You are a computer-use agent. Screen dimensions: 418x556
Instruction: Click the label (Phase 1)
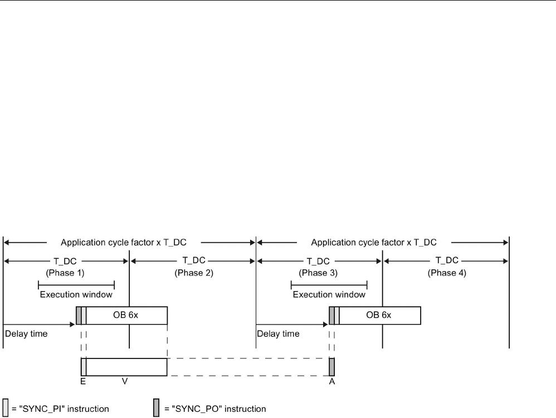pyautogui.click(x=66, y=273)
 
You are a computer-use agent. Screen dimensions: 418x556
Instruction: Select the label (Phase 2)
pyautogui.click(x=193, y=273)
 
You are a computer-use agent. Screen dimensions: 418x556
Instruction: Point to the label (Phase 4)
pyautogui.click(x=447, y=273)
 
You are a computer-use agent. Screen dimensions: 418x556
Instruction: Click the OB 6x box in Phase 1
pyautogui.click(x=126, y=315)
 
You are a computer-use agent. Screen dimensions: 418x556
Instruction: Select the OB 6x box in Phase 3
pyautogui.click(x=379, y=315)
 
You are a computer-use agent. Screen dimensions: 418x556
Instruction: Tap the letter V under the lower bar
pyautogui.click(x=125, y=382)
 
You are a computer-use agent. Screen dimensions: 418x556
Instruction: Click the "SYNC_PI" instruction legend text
pyautogui.click(x=60, y=409)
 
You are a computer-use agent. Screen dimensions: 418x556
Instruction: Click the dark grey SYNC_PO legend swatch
pyautogui.click(x=157, y=408)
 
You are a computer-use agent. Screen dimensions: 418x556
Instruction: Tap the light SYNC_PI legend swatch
pyautogui.click(x=6, y=408)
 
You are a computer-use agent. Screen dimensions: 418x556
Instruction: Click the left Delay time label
pyautogui.click(x=26, y=334)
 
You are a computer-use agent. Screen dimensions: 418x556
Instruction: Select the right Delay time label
pyautogui.click(x=278, y=334)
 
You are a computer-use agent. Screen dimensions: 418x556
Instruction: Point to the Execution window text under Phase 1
pyautogui.click(x=76, y=294)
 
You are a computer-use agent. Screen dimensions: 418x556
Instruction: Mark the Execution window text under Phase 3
pyautogui.click(x=329, y=294)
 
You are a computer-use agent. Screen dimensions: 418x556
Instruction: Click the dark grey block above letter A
pyautogui.click(x=331, y=367)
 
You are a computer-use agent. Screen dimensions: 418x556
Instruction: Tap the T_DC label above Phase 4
pyautogui.click(x=447, y=260)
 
